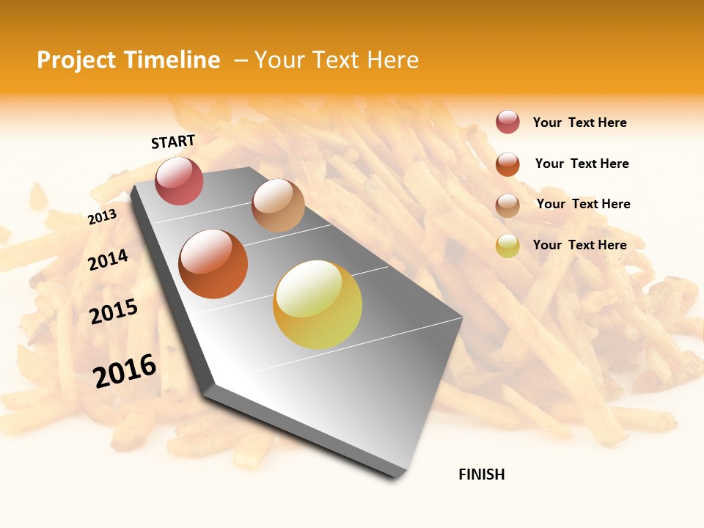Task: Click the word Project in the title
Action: coord(76,60)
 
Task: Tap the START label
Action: coord(173,142)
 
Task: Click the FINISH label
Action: coord(481,474)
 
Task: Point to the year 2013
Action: coord(102,217)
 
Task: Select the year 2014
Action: coord(108,260)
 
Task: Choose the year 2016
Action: coord(125,370)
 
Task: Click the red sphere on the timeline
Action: coord(179,180)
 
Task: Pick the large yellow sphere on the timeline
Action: coord(318,304)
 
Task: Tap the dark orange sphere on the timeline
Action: coord(213,264)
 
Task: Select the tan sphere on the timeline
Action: coord(278,205)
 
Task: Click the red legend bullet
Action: coord(507,122)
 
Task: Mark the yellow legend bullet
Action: coord(507,246)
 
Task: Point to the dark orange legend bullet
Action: coord(507,164)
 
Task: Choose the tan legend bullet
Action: coord(507,205)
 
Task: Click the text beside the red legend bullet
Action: coord(579,122)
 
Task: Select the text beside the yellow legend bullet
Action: coord(579,245)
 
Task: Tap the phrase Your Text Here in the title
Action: coord(336,60)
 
